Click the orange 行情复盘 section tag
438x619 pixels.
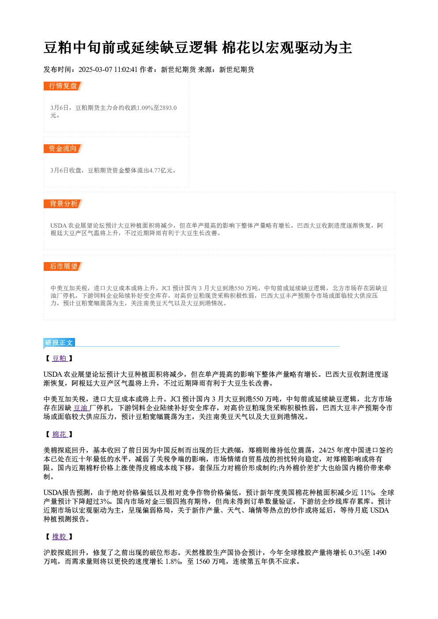[63, 86]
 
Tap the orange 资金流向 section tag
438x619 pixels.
[63, 148]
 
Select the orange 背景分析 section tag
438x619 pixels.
[63, 204]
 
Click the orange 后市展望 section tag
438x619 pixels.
[63, 266]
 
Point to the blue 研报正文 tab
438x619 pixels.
[59, 343]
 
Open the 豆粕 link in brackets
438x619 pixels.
[60, 358]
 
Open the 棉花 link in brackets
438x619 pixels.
[60, 435]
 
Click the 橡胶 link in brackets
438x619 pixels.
[60, 536]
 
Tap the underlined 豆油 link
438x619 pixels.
[81, 408]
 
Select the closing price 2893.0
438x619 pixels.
[168, 108]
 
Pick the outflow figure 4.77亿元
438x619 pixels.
[161, 170]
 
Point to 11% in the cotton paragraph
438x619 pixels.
[367, 493]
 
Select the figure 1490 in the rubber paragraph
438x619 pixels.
[379, 553]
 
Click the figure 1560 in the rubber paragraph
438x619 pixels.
[203, 562]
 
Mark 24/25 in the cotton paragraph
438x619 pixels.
[327, 450]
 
